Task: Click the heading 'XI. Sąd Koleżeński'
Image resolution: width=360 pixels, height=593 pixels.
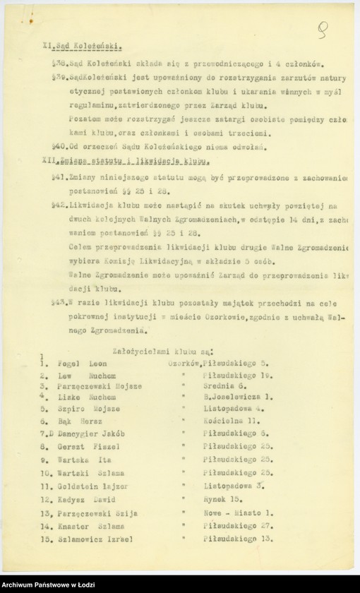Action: tap(83, 49)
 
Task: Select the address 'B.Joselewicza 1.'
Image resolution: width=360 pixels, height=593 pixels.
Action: tap(235, 397)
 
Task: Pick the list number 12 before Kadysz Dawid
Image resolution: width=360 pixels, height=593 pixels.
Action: tap(44, 499)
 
